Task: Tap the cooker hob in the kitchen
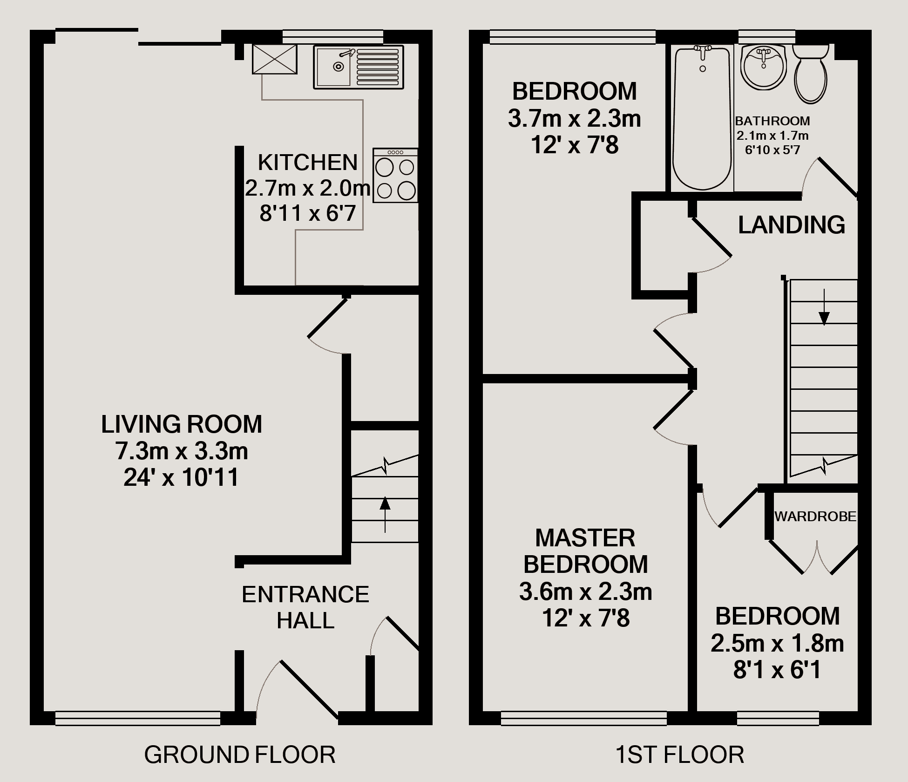395,175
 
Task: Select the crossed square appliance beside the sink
275,59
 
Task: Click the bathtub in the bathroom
702,118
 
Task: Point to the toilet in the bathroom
811,74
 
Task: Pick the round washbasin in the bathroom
763,68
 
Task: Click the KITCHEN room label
308,163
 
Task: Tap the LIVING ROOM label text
182,424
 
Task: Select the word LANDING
792,225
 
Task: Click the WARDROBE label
815,516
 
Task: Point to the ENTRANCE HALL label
305,607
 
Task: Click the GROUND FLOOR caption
240,755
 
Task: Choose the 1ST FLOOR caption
680,755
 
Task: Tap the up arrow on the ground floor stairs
385,514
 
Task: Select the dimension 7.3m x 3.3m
182,451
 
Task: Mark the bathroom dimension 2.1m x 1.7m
772,136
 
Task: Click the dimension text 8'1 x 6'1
777,670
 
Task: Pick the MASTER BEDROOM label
585,551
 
